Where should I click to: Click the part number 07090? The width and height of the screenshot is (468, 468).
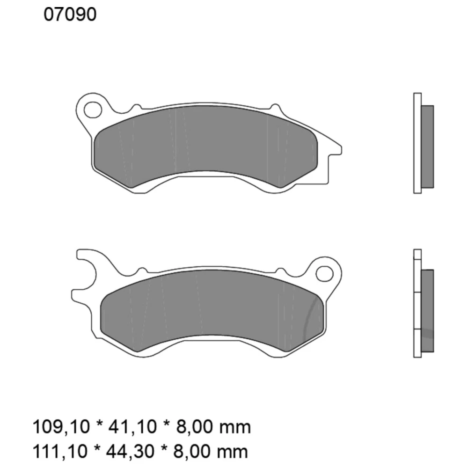[70, 15]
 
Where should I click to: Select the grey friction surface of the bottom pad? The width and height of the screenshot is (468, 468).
[211, 307]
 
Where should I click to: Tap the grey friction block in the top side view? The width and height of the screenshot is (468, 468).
[428, 146]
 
